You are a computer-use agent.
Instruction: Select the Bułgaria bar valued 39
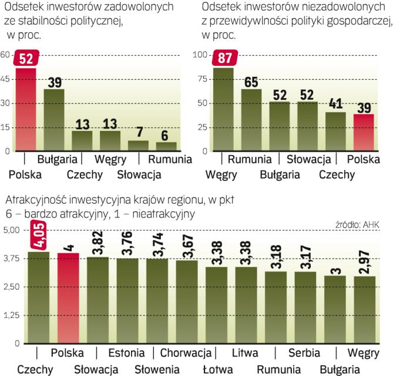point(54,120)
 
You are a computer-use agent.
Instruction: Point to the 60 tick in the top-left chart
point(5,55)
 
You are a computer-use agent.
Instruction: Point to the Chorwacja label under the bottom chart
point(185,353)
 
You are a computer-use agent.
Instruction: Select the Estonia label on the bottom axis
point(126,353)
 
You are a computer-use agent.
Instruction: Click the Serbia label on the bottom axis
point(304,353)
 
